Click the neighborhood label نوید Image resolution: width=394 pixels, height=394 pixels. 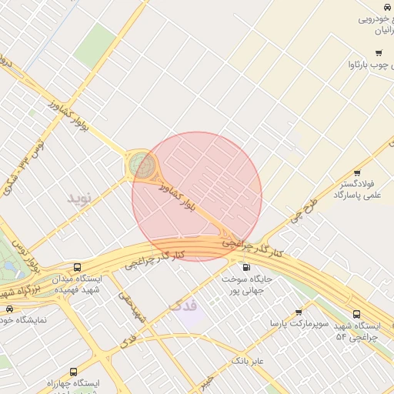pyautogui.click(x=79, y=198)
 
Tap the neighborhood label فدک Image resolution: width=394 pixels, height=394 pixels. pyautogui.click(x=182, y=306)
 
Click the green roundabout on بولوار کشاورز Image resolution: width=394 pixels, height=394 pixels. pyautogui.click(x=141, y=164)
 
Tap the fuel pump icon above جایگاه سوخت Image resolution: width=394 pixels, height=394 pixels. pyautogui.click(x=246, y=267)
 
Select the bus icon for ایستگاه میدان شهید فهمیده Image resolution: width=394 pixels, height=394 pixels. pyautogui.click(x=76, y=267)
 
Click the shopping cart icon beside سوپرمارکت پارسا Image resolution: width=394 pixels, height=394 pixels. pyautogui.click(x=299, y=312)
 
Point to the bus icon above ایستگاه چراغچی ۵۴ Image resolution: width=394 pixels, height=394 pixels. pyautogui.click(x=356, y=314)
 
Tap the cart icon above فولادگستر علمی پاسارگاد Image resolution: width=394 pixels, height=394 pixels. pyautogui.click(x=357, y=173)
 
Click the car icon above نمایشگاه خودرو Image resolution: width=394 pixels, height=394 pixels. pyautogui.click(x=9, y=308)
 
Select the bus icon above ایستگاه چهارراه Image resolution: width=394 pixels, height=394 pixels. pyautogui.click(x=73, y=372)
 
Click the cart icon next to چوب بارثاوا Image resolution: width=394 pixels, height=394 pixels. pyautogui.click(x=378, y=53)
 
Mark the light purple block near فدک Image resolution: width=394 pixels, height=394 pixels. pyautogui.click(x=190, y=314)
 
